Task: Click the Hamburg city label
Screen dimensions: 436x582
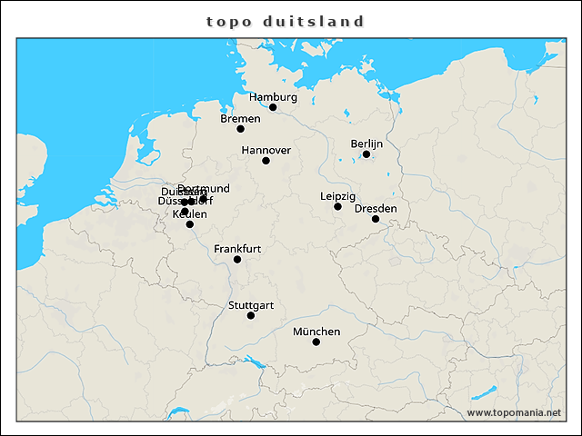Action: tap(273, 97)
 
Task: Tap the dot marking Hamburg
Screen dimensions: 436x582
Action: tap(273, 107)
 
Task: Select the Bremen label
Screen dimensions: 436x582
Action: tap(241, 118)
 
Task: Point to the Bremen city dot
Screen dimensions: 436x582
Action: tap(241, 129)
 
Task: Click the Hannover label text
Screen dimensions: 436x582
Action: tap(266, 150)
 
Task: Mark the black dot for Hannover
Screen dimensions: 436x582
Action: tap(266, 161)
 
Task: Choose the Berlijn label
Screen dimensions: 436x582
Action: tap(367, 144)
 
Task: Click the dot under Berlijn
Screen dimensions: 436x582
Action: tap(366, 154)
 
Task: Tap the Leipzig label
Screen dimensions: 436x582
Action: tap(338, 196)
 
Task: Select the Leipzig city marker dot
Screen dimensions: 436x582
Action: tap(337, 207)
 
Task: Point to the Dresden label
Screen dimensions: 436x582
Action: tap(376, 209)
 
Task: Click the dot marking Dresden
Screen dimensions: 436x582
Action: tap(376, 219)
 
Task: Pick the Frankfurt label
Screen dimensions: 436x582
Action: tap(237, 249)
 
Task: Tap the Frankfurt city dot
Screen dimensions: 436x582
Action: tap(237, 260)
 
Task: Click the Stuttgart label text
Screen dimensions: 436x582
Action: tap(252, 305)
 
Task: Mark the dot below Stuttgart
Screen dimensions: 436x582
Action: tap(251, 316)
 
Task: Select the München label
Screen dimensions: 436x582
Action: tap(316, 332)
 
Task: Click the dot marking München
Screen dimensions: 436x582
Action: tap(316, 342)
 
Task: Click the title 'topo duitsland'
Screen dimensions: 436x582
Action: tap(286, 21)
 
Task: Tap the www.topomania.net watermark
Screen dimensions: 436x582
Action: tap(514, 413)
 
